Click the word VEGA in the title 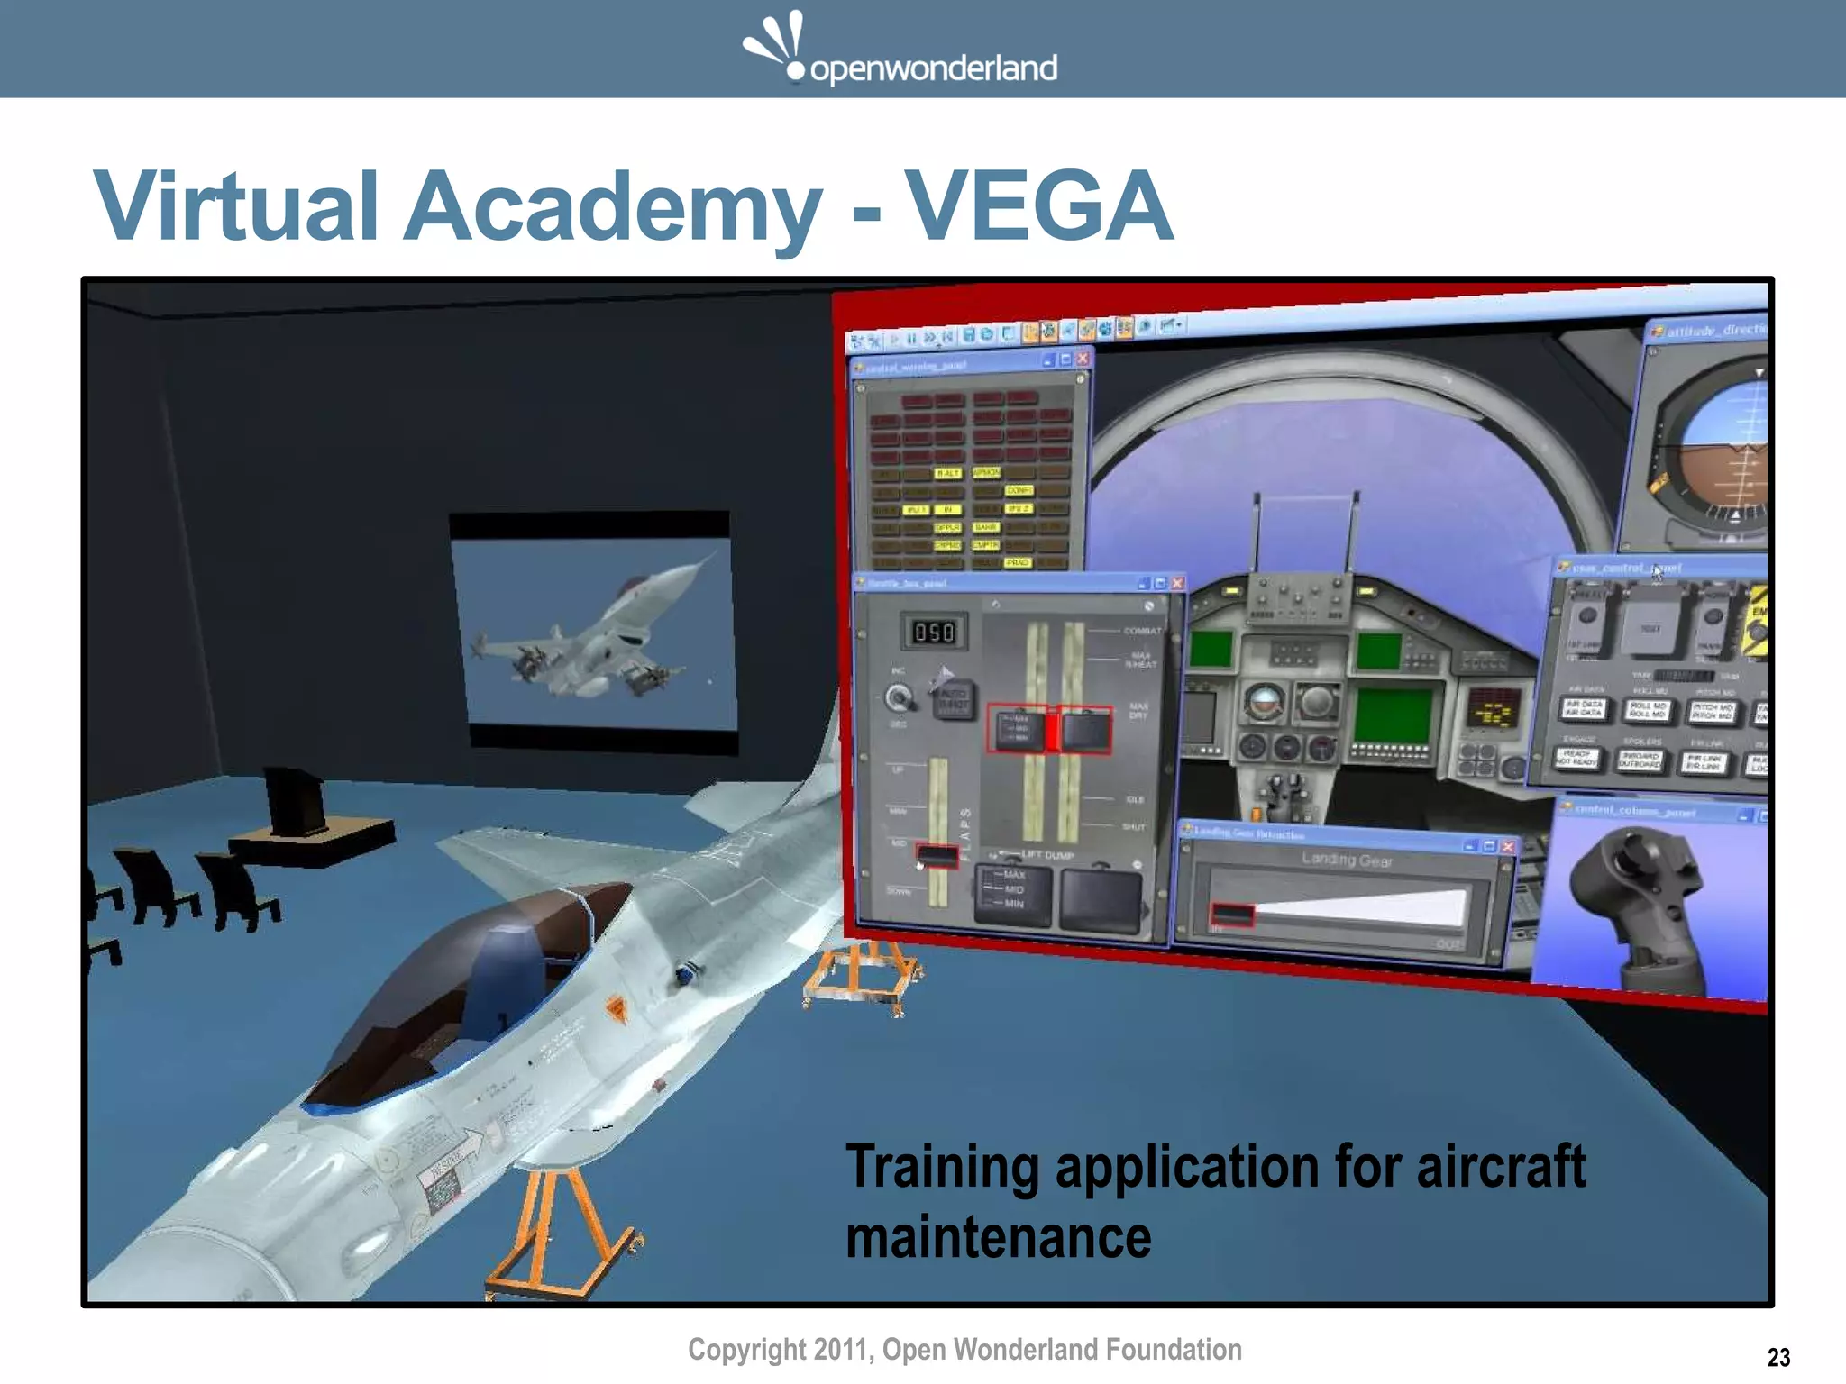(x=1038, y=206)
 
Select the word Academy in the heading (x=612, y=206)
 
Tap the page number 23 (x=1778, y=1357)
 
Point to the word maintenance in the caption (x=998, y=1237)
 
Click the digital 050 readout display (x=934, y=633)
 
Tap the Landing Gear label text (x=1347, y=860)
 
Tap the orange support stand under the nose (x=559, y=1234)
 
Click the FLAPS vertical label (x=964, y=833)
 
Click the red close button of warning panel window (x=1083, y=359)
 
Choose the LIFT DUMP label (x=1046, y=854)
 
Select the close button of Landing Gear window (x=1508, y=846)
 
